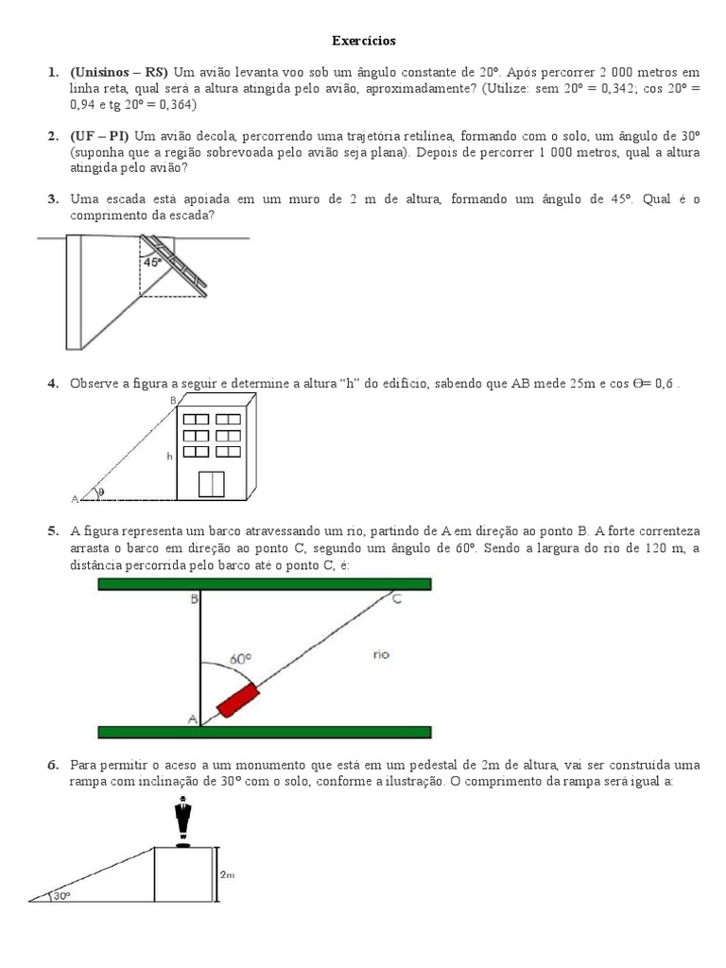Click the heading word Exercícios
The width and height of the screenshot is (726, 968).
click(x=364, y=42)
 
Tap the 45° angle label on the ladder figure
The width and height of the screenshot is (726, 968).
click(x=151, y=263)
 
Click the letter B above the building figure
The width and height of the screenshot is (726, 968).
click(x=173, y=401)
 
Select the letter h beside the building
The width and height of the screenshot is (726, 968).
click(x=169, y=456)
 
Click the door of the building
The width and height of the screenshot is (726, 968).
click(x=211, y=482)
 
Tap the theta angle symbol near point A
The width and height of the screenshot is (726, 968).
click(x=101, y=492)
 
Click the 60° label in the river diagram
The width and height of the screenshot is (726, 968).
click(x=242, y=659)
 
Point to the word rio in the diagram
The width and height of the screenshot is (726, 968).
click(x=381, y=654)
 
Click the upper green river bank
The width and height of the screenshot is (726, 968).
click(x=265, y=584)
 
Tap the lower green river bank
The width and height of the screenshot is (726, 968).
click(x=265, y=732)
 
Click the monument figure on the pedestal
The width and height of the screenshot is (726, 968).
click(x=182, y=818)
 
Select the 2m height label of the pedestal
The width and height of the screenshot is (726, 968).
click(x=227, y=875)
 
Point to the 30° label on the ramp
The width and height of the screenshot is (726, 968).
click(x=61, y=895)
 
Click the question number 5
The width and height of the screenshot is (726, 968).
click(x=53, y=531)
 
